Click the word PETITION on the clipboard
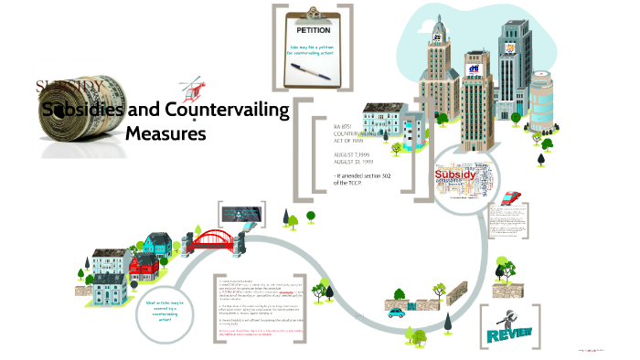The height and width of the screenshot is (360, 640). (x=308, y=30)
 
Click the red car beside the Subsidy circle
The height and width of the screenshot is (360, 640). (x=512, y=196)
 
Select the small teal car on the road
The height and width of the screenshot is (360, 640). (x=396, y=312)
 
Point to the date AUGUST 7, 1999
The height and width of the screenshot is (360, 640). (x=352, y=155)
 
